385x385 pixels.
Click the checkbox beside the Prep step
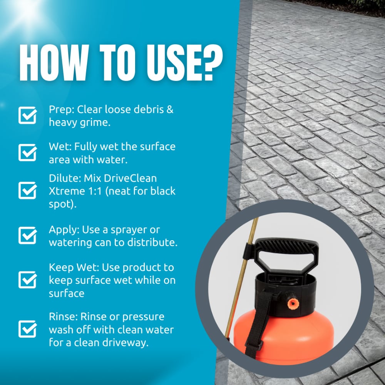(x=27, y=115)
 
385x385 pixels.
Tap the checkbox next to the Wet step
(x=27, y=152)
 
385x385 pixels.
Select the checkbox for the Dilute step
(x=27, y=191)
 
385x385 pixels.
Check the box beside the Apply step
(x=27, y=235)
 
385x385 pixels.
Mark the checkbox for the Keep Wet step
(x=27, y=280)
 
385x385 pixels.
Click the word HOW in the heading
(x=55, y=63)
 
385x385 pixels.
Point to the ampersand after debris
(x=169, y=109)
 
